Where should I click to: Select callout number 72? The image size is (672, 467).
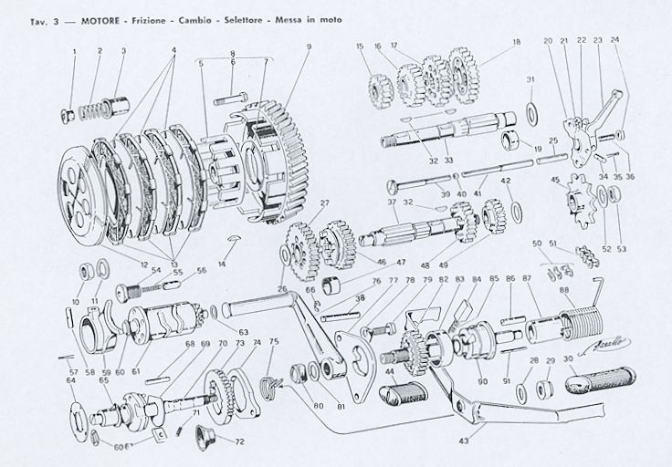(x=240, y=442)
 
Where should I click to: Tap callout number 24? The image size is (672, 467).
(x=614, y=41)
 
